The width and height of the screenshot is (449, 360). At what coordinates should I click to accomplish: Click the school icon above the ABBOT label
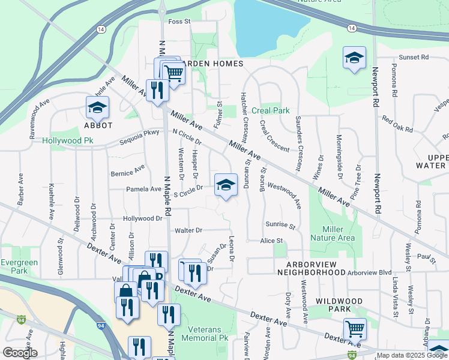pos(96,107)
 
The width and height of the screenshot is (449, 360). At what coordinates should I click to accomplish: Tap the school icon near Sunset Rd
pos(354,58)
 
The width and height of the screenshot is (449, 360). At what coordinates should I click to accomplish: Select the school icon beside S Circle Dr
pos(226,184)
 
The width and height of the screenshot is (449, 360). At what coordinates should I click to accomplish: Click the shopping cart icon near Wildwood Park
pos(354,329)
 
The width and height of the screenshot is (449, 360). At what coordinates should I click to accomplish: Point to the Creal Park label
pos(270,110)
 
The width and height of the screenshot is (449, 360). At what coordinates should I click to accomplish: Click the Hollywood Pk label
pos(68,141)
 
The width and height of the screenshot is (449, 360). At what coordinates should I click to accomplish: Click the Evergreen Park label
pos(19,266)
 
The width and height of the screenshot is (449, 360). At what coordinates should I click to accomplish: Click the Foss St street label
pos(179,22)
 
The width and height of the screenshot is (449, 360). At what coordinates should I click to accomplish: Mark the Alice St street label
pos(271,241)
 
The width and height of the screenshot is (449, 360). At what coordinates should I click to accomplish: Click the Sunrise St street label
pos(280,225)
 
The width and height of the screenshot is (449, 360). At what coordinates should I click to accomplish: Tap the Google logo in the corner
pos(20,353)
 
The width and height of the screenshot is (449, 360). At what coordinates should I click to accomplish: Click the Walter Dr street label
pos(188,230)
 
